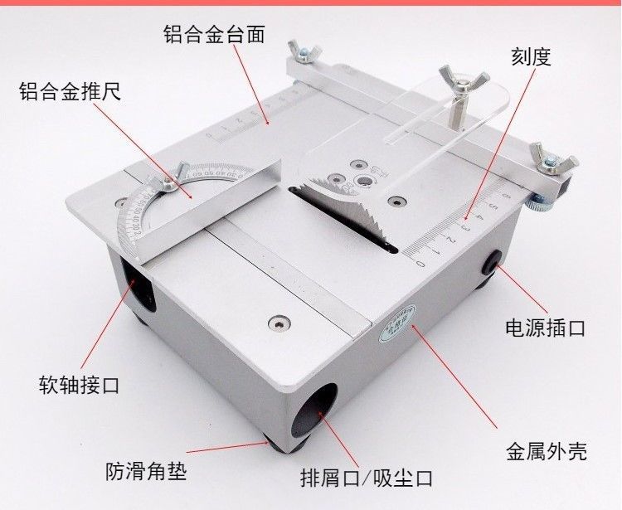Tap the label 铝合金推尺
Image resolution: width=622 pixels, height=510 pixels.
[70, 90]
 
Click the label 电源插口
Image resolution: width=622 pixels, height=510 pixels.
[545, 327]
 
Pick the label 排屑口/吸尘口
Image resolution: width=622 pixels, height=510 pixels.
[367, 478]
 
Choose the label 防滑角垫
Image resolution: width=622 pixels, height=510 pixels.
[146, 471]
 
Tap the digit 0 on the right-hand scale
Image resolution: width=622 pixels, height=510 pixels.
[420, 264]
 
